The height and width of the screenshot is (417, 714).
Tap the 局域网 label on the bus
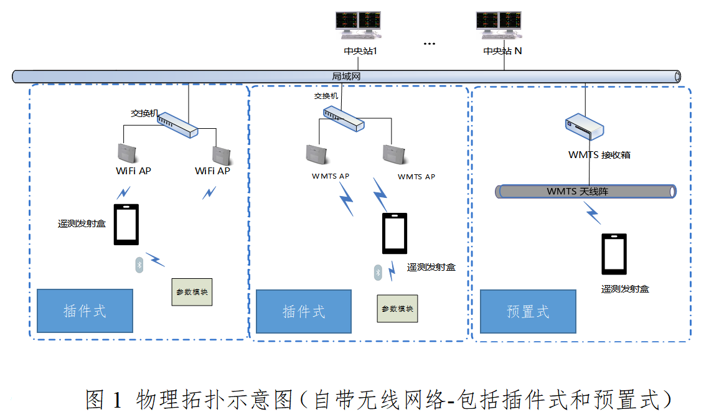tap(346, 77)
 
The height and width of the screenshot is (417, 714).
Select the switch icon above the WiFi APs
tap(178, 124)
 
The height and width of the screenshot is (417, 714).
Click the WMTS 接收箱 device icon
tap(585, 127)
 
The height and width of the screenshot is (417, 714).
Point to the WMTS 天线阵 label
tap(577, 191)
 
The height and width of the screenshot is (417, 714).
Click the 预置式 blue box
tap(528, 311)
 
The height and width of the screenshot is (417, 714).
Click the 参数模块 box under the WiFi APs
tap(192, 292)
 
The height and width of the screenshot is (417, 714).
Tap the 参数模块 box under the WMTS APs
tap(397, 309)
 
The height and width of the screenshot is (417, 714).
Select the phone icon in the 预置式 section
tap(614, 254)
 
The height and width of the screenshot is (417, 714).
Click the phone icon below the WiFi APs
tap(126, 225)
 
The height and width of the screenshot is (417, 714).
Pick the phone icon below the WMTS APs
tap(395, 233)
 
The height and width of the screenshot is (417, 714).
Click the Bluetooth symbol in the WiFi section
tap(139, 265)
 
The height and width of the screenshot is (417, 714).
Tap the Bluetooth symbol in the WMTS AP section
tap(377, 272)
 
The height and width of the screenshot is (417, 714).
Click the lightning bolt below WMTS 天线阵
tap(592, 213)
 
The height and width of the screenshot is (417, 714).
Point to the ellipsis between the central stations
tap(430, 44)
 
